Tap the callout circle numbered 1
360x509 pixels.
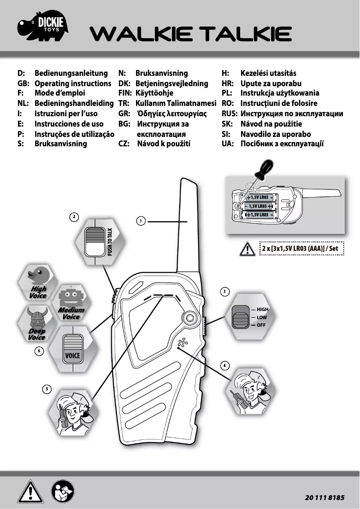(x=140, y=221)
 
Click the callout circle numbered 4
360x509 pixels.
(x=225, y=364)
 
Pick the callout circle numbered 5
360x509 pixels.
(x=46, y=389)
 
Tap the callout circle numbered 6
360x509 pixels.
(x=40, y=351)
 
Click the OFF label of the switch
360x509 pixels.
(x=261, y=325)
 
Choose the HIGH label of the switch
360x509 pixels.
(x=263, y=310)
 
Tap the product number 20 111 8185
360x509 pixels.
(x=325, y=498)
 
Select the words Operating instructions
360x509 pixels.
(x=73, y=83)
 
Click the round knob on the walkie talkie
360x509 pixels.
(x=190, y=318)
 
